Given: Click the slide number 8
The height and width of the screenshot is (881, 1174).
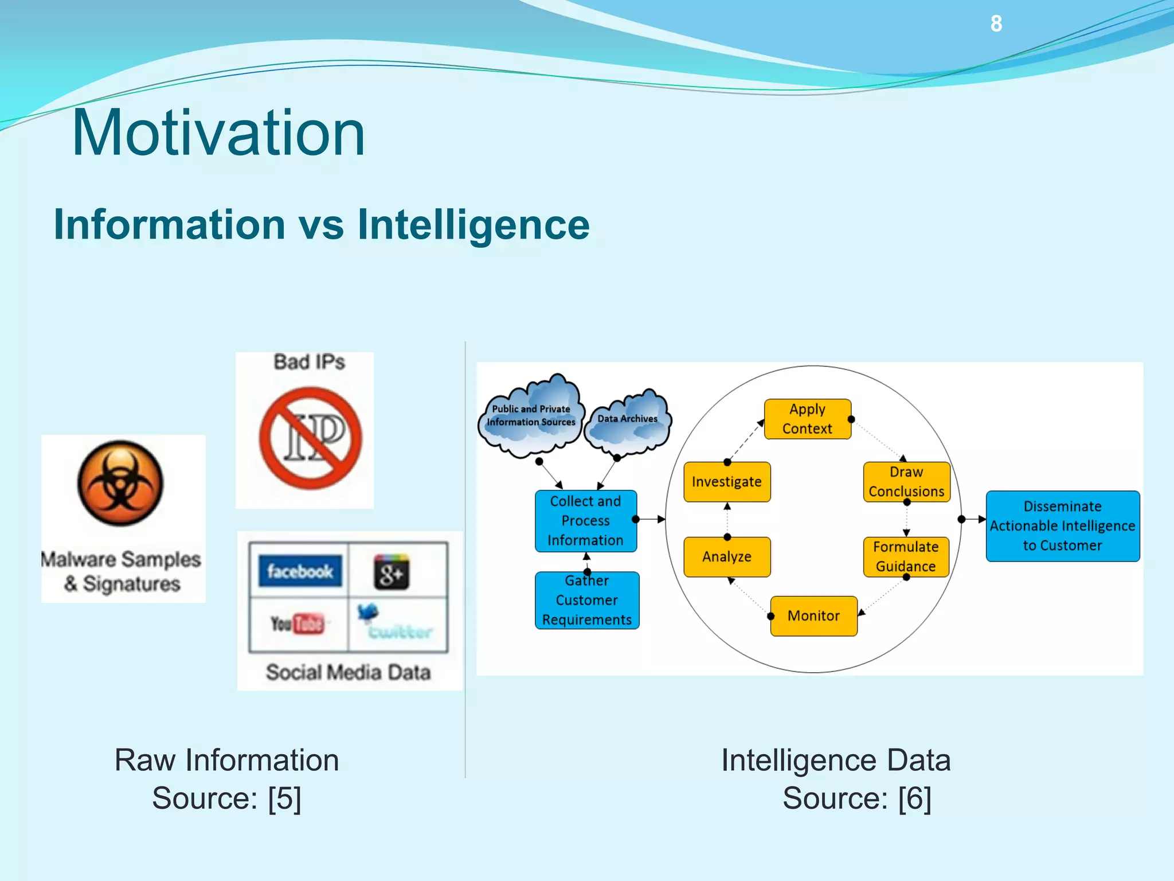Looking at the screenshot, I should click(x=996, y=24).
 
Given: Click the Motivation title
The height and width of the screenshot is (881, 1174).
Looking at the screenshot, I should click(x=218, y=133).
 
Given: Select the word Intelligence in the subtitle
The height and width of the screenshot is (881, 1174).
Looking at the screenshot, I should click(x=473, y=224).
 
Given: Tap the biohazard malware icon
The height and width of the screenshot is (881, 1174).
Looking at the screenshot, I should click(x=120, y=483).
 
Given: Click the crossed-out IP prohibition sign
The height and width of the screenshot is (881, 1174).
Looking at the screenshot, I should click(x=310, y=438).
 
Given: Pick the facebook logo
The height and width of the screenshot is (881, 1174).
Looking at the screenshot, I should click(x=300, y=571).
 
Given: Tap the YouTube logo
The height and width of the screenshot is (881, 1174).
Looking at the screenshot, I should click(x=298, y=623).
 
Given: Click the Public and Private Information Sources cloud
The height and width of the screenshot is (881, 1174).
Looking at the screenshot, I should click(x=531, y=416).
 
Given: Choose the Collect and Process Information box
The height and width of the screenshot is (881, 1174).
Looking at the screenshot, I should click(x=585, y=521).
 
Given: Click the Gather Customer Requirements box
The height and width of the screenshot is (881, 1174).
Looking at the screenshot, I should click(x=587, y=601).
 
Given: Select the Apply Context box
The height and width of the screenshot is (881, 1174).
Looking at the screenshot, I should click(x=807, y=419).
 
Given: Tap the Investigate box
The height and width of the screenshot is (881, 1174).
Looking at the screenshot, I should click(x=727, y=482).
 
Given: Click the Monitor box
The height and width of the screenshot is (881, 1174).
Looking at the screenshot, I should click(x=813, y=616).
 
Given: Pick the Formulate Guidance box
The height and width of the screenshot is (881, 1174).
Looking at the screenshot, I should click(x=906, y=556).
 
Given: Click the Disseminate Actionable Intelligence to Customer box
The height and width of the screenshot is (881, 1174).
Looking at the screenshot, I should click(x=1062, y=526).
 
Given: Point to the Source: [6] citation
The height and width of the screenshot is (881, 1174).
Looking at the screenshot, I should click(x=856, y=798).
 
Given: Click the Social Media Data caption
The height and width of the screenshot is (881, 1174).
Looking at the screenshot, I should click(x=348, y=672).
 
